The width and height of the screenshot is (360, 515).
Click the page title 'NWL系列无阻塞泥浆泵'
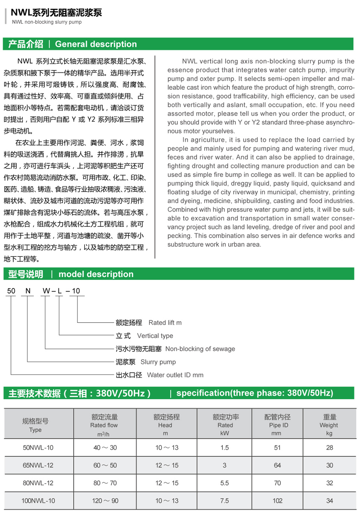tap(56, 13)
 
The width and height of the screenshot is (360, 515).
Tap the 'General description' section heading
tap(96, 44)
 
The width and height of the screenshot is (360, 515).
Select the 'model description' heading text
tap(96, 274)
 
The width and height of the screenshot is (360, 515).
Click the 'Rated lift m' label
tap(165, 322)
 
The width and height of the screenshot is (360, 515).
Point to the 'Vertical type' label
tap(155, 336)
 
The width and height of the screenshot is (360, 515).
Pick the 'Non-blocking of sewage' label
tap(200, 349)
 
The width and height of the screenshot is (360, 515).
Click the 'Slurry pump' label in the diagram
tap(158, 362)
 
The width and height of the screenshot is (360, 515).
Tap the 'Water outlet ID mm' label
tap(175, 375)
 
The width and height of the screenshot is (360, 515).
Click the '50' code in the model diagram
tap(11, 291)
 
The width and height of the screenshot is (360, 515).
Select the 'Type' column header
tap(36, 430)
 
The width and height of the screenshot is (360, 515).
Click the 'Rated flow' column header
tap(104, 425)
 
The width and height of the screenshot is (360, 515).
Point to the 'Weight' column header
tap(329, 425)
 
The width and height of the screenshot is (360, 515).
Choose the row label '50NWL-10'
tap(38, 447)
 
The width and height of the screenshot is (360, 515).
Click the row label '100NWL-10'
tap(38, 501)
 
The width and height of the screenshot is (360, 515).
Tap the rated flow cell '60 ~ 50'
tap(105, 465)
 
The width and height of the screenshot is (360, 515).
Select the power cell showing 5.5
tap(225, 483)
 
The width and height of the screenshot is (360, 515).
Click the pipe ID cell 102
tap(277, 501)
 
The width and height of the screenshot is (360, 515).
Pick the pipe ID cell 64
tap(277, 465)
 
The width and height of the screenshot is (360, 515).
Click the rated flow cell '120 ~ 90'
tap(105, 501)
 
